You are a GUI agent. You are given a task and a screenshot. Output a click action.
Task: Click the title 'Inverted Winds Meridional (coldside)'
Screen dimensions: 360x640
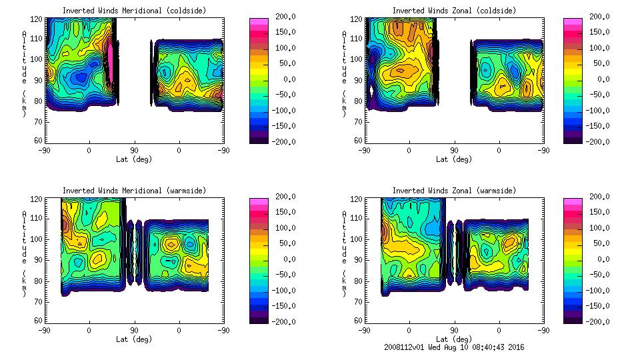135,11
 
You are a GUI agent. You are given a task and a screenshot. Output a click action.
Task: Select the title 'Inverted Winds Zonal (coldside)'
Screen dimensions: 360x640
454,11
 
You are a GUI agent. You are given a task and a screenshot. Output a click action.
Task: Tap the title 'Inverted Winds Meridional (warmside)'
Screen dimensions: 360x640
135,191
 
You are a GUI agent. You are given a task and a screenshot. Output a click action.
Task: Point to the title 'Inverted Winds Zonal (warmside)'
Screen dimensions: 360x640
454,191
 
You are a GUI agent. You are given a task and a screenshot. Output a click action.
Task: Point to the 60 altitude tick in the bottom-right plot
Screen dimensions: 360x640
358,321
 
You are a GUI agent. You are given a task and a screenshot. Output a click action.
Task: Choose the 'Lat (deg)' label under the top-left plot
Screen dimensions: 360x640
135,159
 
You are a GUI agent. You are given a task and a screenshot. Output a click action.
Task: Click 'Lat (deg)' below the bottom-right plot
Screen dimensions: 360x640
454,339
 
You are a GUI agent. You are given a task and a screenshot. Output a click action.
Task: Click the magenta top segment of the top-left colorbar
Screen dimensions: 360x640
258,22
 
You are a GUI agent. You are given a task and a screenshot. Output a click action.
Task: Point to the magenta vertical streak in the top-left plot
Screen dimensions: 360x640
111,70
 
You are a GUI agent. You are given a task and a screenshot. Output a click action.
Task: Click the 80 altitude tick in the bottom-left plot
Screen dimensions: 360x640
39,280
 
